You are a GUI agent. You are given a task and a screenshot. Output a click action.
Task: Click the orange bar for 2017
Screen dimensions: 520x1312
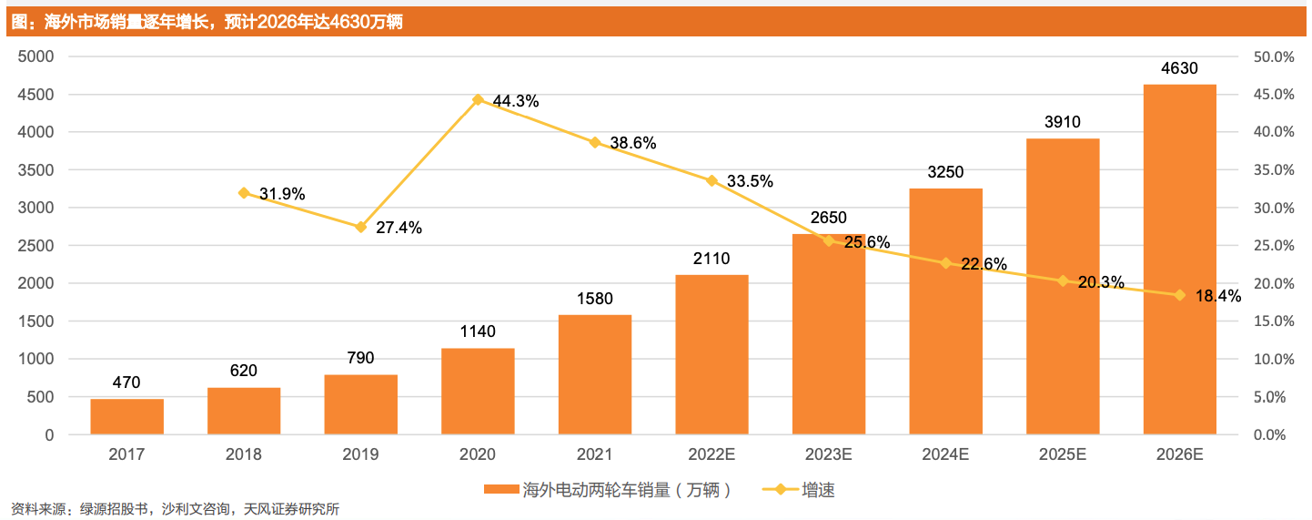(126, 417)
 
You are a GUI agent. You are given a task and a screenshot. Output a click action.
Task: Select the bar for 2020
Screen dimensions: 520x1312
(478, 392)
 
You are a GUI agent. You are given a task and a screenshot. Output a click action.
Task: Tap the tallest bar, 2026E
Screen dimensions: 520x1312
(1179, 260)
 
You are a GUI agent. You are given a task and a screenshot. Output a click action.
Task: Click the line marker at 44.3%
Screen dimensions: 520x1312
(478, 99)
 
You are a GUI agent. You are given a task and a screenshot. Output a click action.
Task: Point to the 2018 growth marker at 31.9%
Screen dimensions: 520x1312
(244, 193)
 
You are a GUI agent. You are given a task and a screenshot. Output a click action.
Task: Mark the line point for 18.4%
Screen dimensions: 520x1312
(1179, 295)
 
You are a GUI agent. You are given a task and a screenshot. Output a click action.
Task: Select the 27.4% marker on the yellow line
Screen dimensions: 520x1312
(361, 227)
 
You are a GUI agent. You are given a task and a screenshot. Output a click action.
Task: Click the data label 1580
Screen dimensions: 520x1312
(594, 298)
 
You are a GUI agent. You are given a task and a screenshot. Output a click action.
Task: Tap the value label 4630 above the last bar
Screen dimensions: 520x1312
(1179, 68)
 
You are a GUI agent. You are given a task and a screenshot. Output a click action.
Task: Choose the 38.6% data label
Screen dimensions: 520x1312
(633, 143)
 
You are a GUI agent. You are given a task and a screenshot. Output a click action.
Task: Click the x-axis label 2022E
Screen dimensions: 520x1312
(712, 454)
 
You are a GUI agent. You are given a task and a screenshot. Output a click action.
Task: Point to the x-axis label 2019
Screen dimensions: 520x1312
(361, 454)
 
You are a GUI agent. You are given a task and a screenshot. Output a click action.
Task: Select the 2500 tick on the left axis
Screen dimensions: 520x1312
(35, 246)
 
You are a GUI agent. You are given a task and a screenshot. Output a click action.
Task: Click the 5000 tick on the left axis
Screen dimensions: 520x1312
(35, 56)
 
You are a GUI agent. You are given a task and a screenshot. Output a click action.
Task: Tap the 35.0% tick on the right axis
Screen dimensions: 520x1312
(1273, 170)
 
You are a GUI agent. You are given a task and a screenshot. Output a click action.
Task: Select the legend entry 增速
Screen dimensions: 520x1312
(817, 490)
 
